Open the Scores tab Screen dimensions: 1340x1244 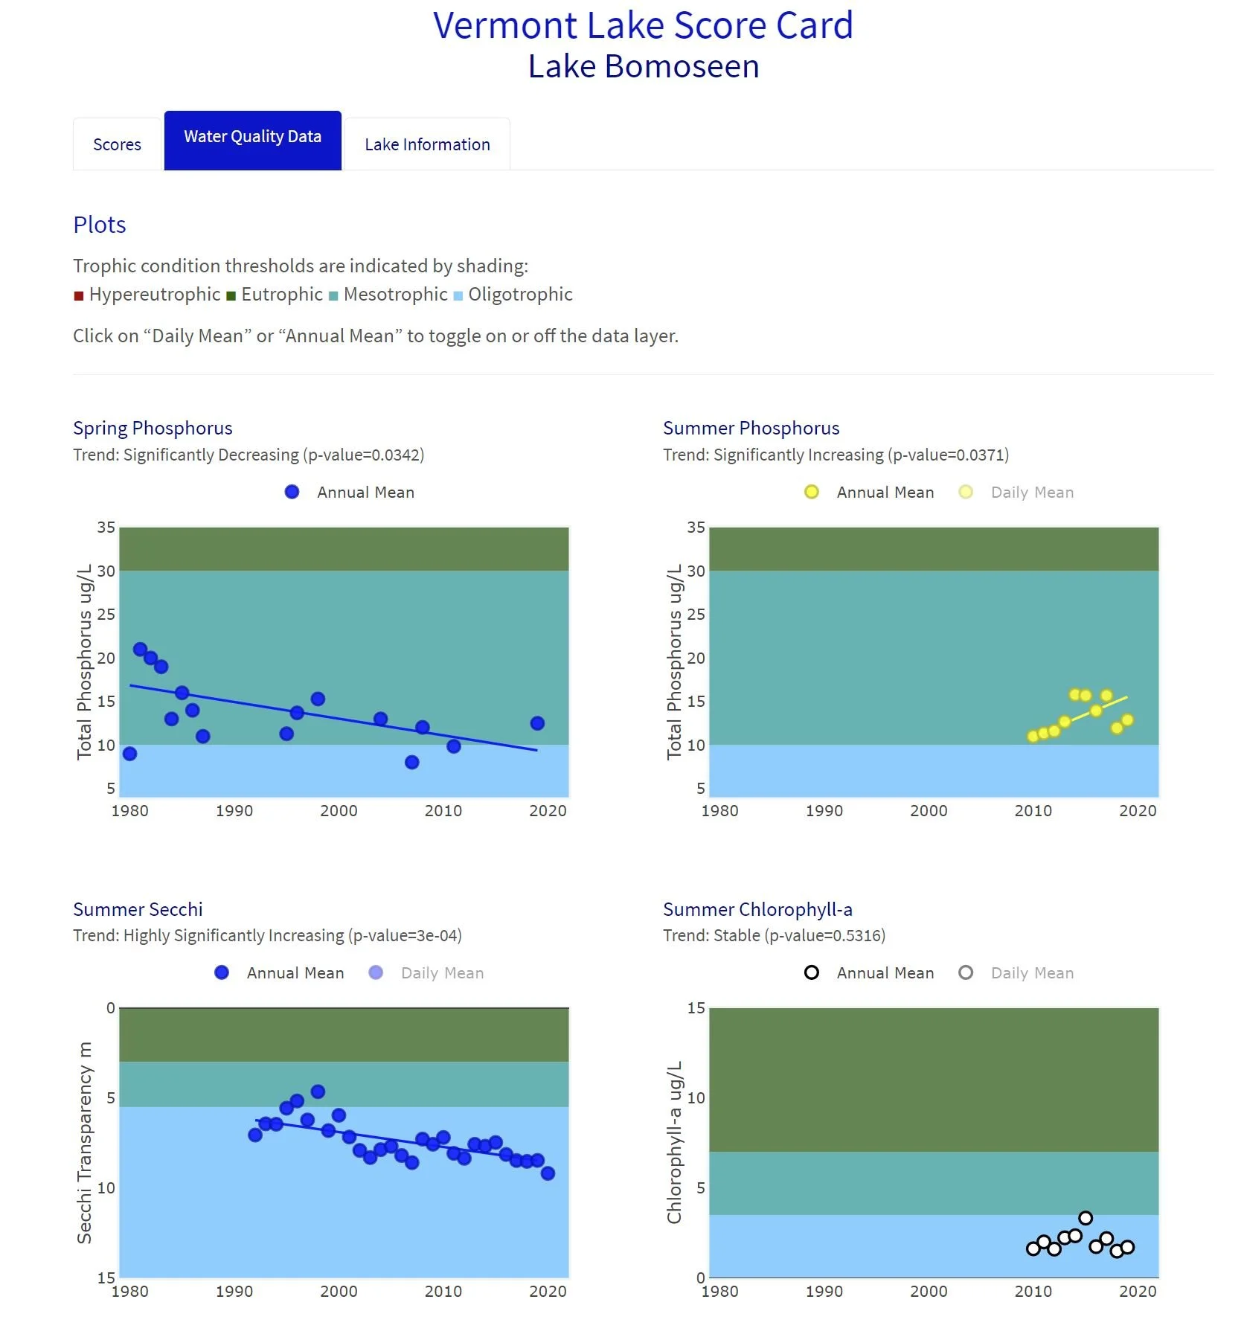pos(117,144)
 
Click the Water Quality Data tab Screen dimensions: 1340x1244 pos(252,137)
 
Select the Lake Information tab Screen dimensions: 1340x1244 pos(427,144)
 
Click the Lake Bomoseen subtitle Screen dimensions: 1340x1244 pos(644,66)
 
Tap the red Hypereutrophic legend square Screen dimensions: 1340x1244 pos(79,296)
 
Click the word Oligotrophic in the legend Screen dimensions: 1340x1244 pos(520,295)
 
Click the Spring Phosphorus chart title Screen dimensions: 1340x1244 pos(153,428)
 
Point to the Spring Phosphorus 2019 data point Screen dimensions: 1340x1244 pos(537,723)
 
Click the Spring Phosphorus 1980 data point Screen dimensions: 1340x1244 pos(130,754)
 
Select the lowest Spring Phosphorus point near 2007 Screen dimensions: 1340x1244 pos(412,762)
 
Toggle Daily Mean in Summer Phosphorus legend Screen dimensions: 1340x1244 pos(1031,493)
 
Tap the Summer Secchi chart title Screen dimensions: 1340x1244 pos(138,909)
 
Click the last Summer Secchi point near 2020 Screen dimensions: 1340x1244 pos(548,1173)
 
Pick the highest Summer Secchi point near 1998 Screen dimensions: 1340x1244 pos(318,1091)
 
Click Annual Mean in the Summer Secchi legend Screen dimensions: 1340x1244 pos(295,973)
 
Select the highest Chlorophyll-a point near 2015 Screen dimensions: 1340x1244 pos(1086,1218)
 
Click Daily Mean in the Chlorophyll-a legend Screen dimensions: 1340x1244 pos(1031,973)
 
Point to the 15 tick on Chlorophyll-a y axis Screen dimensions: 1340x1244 pos(696,1008)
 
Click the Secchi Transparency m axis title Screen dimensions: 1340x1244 pos(84,1143)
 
